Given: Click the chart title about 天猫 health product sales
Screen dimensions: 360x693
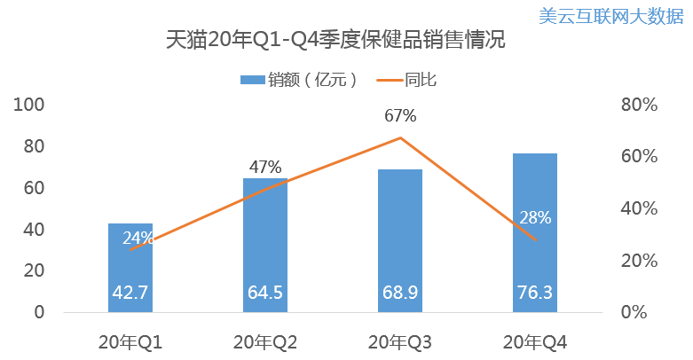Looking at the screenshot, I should point(347,41).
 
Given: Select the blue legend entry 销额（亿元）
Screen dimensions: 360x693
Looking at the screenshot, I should point(300,80).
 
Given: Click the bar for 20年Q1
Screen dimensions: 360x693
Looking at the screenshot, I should point(130,266).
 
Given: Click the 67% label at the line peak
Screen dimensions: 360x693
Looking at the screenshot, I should point(400,116).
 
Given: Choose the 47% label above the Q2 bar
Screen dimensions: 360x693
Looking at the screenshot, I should point(265,167).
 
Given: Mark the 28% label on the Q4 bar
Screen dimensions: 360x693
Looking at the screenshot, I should point(535,217).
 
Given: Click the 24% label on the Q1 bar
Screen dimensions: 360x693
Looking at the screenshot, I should point(138,238).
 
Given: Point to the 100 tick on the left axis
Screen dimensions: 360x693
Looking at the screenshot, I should point(30,105).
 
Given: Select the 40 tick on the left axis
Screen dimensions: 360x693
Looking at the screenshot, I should point(35,230).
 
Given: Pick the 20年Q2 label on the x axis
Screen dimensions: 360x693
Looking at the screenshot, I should point(265,342).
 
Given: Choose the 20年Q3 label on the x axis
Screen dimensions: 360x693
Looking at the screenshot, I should point(400,342).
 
